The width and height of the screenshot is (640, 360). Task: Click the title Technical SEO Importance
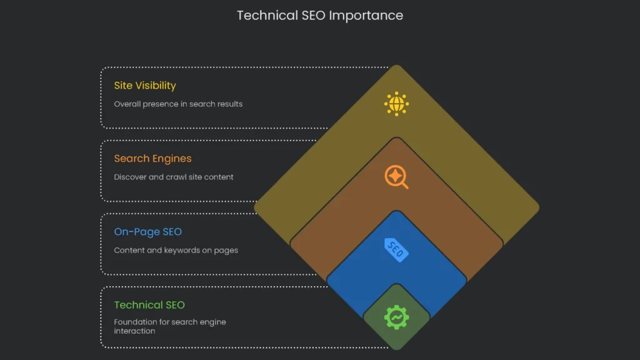319,15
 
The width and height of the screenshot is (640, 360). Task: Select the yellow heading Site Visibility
145,86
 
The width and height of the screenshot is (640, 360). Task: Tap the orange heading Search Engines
152,159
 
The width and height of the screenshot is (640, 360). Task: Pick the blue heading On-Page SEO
147,232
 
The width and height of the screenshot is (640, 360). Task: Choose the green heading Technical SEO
149,305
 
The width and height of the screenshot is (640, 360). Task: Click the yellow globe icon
396,104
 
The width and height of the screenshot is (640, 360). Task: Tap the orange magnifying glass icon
396,177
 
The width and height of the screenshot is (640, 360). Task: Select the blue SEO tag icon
396,250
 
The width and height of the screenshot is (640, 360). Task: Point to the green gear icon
396,317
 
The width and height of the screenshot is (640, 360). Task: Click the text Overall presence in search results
178,104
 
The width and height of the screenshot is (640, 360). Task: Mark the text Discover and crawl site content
174,177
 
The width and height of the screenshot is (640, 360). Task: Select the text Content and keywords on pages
176,250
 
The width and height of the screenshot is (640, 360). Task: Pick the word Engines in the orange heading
171,159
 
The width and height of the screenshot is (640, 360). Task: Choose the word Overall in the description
127,104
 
